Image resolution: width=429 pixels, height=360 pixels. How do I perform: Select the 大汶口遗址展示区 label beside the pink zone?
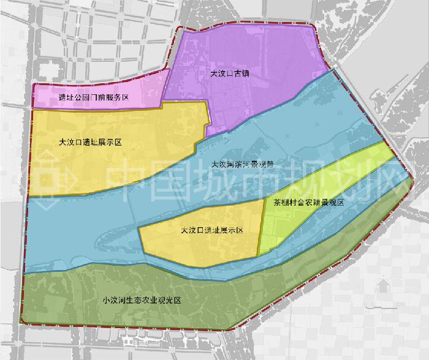tap(91, 142)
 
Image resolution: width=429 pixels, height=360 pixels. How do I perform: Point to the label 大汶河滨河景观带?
tap(241, 165)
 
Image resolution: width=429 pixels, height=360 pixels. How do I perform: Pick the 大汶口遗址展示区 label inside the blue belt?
tap(212, 231)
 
